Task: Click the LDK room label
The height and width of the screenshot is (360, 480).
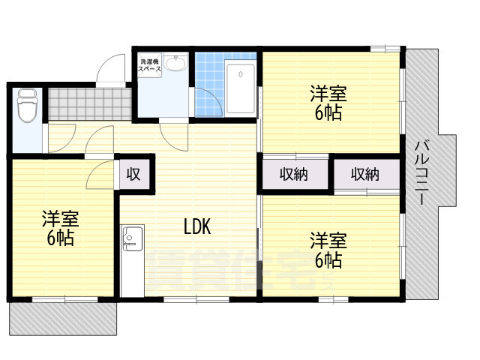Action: (197, 226)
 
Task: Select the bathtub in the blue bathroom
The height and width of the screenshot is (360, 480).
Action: (240, 88)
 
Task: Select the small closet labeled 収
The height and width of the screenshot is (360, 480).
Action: (133, 174)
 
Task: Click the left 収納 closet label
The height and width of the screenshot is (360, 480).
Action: (294, 175)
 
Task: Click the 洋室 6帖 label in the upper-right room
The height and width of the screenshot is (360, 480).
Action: (328, 103)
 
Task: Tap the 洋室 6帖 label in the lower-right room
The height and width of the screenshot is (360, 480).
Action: (328, 250)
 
